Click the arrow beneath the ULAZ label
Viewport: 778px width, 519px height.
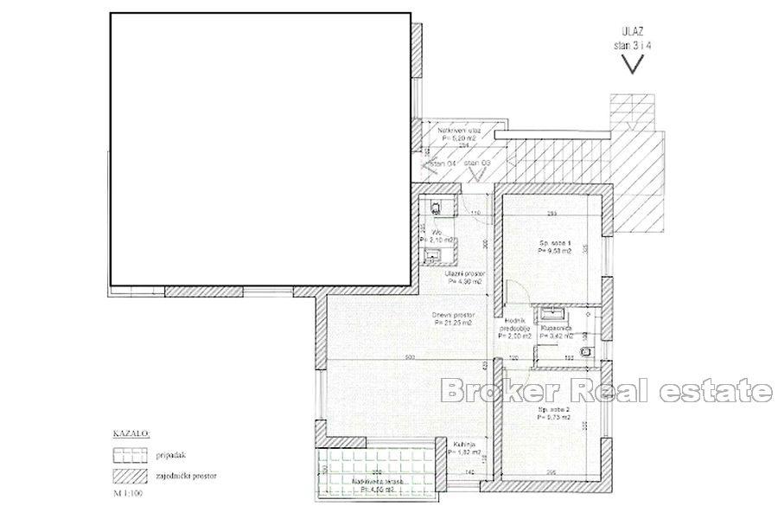coord(636,63)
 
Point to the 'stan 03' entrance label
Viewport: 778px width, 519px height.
coord(477,163)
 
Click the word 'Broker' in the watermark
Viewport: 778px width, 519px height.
coord(491,391)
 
